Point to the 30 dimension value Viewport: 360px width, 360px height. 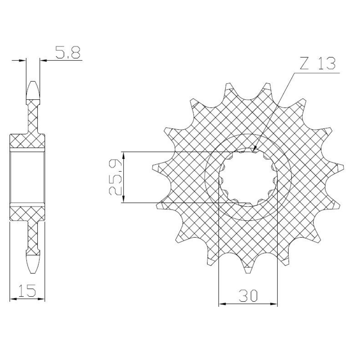point(248,295)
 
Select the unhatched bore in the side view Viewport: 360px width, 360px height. point(27,177)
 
